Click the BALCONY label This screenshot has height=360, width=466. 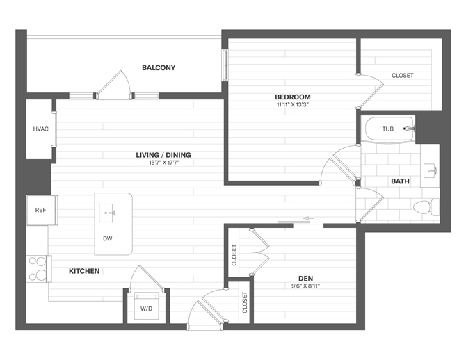click(x=159, y=68)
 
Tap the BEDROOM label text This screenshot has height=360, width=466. click(x=292, y=97)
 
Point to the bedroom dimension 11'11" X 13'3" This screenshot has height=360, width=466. click(x=292, y=105)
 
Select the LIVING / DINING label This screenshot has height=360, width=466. click(x=163, y=155)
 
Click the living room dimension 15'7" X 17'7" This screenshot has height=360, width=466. click(x=163, y=163)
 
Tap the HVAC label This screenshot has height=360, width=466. click(x=40, y=129)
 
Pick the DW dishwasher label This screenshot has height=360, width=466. click(x=108, y=238)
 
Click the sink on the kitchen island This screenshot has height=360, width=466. click(x=109, y=211)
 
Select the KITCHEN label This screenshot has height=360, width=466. click(x=84, y=270)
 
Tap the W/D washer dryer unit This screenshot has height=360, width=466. click(x=147, y=306)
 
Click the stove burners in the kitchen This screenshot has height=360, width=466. click(x=37, y=268)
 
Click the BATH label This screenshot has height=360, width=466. click(x=400, y=181)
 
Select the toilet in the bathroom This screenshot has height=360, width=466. click(x=421, y=206)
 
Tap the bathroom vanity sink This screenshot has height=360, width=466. click(x=431, y=169)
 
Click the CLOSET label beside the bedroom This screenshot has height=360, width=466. click(x=402, y=75)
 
